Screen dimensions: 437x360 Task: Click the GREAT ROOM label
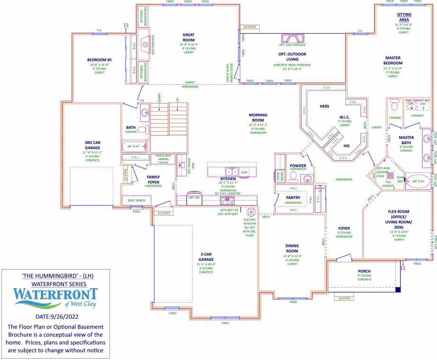pyautogui.click(x=192, y=36)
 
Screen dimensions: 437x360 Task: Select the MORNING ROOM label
pyautogui.click(x=258, y=117)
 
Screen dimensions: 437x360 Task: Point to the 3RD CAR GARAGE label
pyautogui.click(x=92, y=144)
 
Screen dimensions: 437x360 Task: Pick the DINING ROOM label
pyautogui.click(x=292, y=248)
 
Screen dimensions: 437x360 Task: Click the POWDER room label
pyautogui.click(x=298, y=165)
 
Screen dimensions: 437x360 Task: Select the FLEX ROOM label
pyautogui.click(x=397, y=219)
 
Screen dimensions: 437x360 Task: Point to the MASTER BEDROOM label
pyautogui.click(x=392, y=60)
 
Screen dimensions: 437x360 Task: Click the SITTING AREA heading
pyautogui.click(x=404, y=18)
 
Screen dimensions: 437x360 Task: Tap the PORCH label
pyautogui.click(x=364, y=271)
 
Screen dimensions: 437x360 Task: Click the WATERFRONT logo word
pyautogui.click(x=55, y=294)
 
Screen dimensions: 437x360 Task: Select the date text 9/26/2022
pyautogui.click(x=68, y=316)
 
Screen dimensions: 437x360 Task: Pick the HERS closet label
pyautogui.click(x=324, y=106)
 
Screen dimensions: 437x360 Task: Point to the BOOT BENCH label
pyautogui.click(x=137, y=201)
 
